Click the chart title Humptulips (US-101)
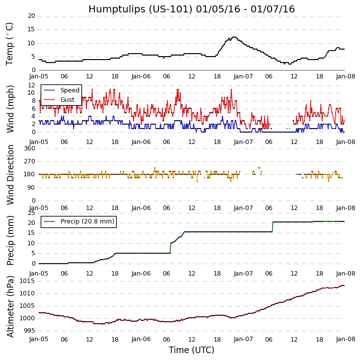[x=191, y=9]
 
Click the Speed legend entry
[x=70, y=90]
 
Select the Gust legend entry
[x=68, y=99]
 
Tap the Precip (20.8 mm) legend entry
[x=87, y=221]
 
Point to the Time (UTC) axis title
[x=191, y=350]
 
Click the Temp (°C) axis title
[x=10, y=43]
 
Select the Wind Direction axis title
[x=10, y=175]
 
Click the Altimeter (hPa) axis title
[x=10, y=306]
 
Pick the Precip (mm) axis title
[x=10, y=240]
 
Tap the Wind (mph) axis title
[x=10, y=109]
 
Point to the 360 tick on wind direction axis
[x=29, y=148]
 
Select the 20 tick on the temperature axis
[x=31, y=16]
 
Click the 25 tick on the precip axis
[x=31, y=213]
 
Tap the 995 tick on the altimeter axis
[x=28, y=331]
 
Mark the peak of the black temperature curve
[x=233, y=37]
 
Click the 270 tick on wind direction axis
[x=29, y=161]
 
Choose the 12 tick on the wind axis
[x=31, y=85]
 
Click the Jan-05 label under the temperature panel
[x=39, y=76]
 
